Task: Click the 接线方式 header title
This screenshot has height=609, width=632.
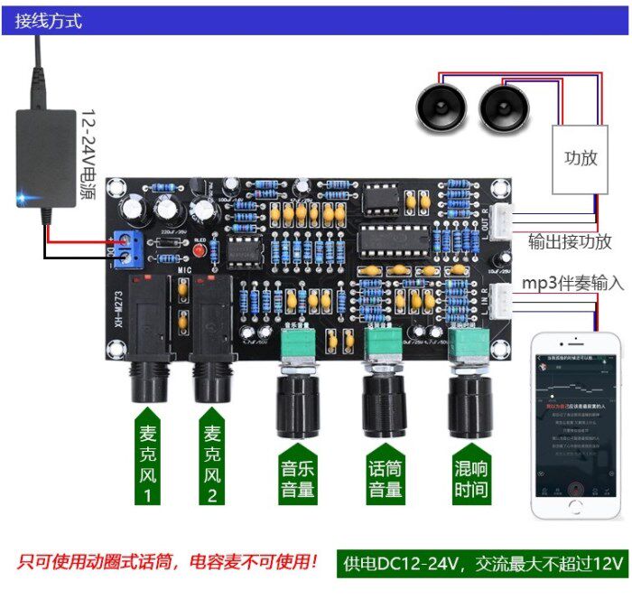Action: pos(48,20)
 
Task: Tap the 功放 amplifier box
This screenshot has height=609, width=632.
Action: pos(581,158)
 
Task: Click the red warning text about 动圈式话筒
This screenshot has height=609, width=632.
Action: pos(168,563)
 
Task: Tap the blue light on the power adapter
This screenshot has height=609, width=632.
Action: pos(23,195)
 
